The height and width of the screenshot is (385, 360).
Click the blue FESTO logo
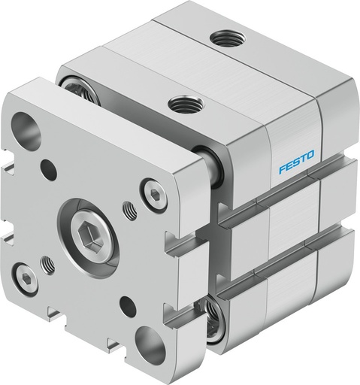[299, 165]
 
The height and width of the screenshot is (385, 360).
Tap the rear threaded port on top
[222, 37]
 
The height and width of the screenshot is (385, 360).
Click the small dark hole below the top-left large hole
[48, 170]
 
